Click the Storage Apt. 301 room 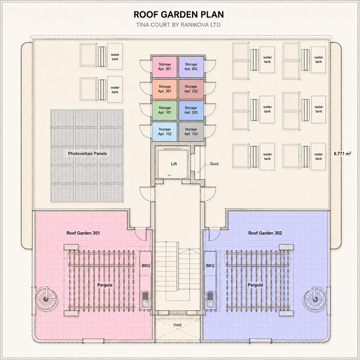point(164,67)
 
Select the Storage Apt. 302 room point(191,67)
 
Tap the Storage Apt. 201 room point(164,89)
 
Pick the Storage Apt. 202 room point(191,89)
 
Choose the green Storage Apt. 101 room point(164,110)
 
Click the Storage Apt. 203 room point(191,110)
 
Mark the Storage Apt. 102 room point(164,131)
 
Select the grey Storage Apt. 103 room point(191,131)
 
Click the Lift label point(174,164)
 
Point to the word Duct point(214,164)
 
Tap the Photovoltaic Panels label point(87,154)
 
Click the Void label point(177,325)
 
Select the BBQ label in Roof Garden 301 point(146,266)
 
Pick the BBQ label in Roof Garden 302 point(210,266)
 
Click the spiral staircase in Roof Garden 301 point(46,299)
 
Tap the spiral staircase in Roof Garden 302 point(314,299)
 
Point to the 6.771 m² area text point(343,154)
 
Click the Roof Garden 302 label point(265,233)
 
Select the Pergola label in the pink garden point(105,285)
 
